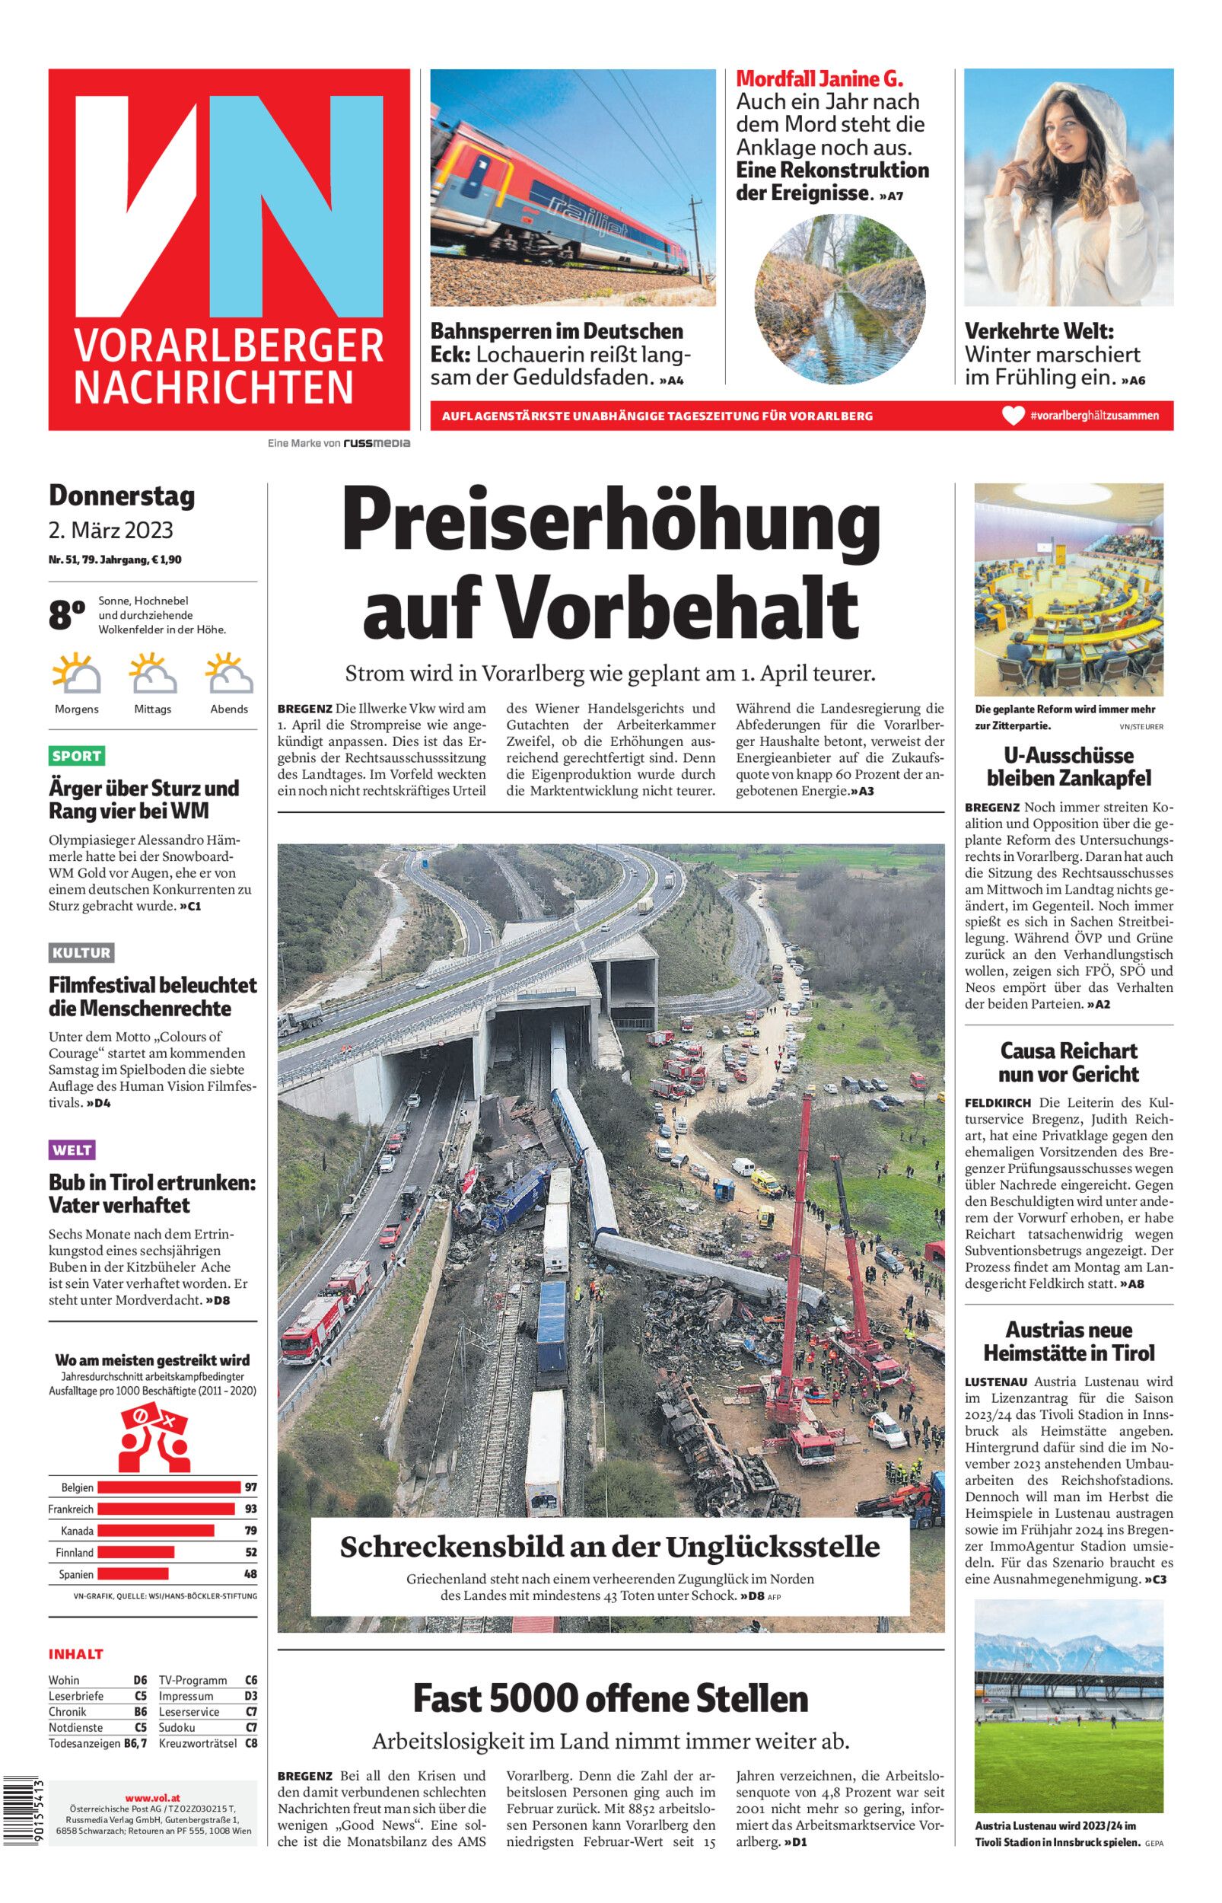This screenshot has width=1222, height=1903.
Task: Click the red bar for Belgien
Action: pyautogui.click(x=168, y=1487)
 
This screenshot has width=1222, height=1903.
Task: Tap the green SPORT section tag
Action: pyautogui.click(x=77, y=755)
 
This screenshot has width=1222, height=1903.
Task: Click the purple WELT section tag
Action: pyautogui.click(x=72, y=1149)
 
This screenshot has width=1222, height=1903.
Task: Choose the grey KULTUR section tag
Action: pyautogui.click(x=81, y=952)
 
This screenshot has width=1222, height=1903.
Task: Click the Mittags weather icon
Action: pyautogui.click(x=152, y=673)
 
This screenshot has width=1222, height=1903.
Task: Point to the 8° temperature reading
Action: pyautogui.click(x=67, y=615)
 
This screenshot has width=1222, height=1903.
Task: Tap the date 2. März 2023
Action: pyautogui.click(x=110, y=530)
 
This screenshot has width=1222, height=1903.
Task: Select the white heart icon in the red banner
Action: pyautogui.click(x=1013, y=415)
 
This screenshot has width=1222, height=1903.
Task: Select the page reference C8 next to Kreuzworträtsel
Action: pyautogui.click(x=251, y=1743)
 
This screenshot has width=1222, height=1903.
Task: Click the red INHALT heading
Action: pyautogui.click(x=75, y=1654)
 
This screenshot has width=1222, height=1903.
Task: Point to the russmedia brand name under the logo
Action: pyautogui.click(x=376, y=443)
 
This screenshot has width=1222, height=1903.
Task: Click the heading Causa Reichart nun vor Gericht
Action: pyautogui.click(x=1068, y=1062)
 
